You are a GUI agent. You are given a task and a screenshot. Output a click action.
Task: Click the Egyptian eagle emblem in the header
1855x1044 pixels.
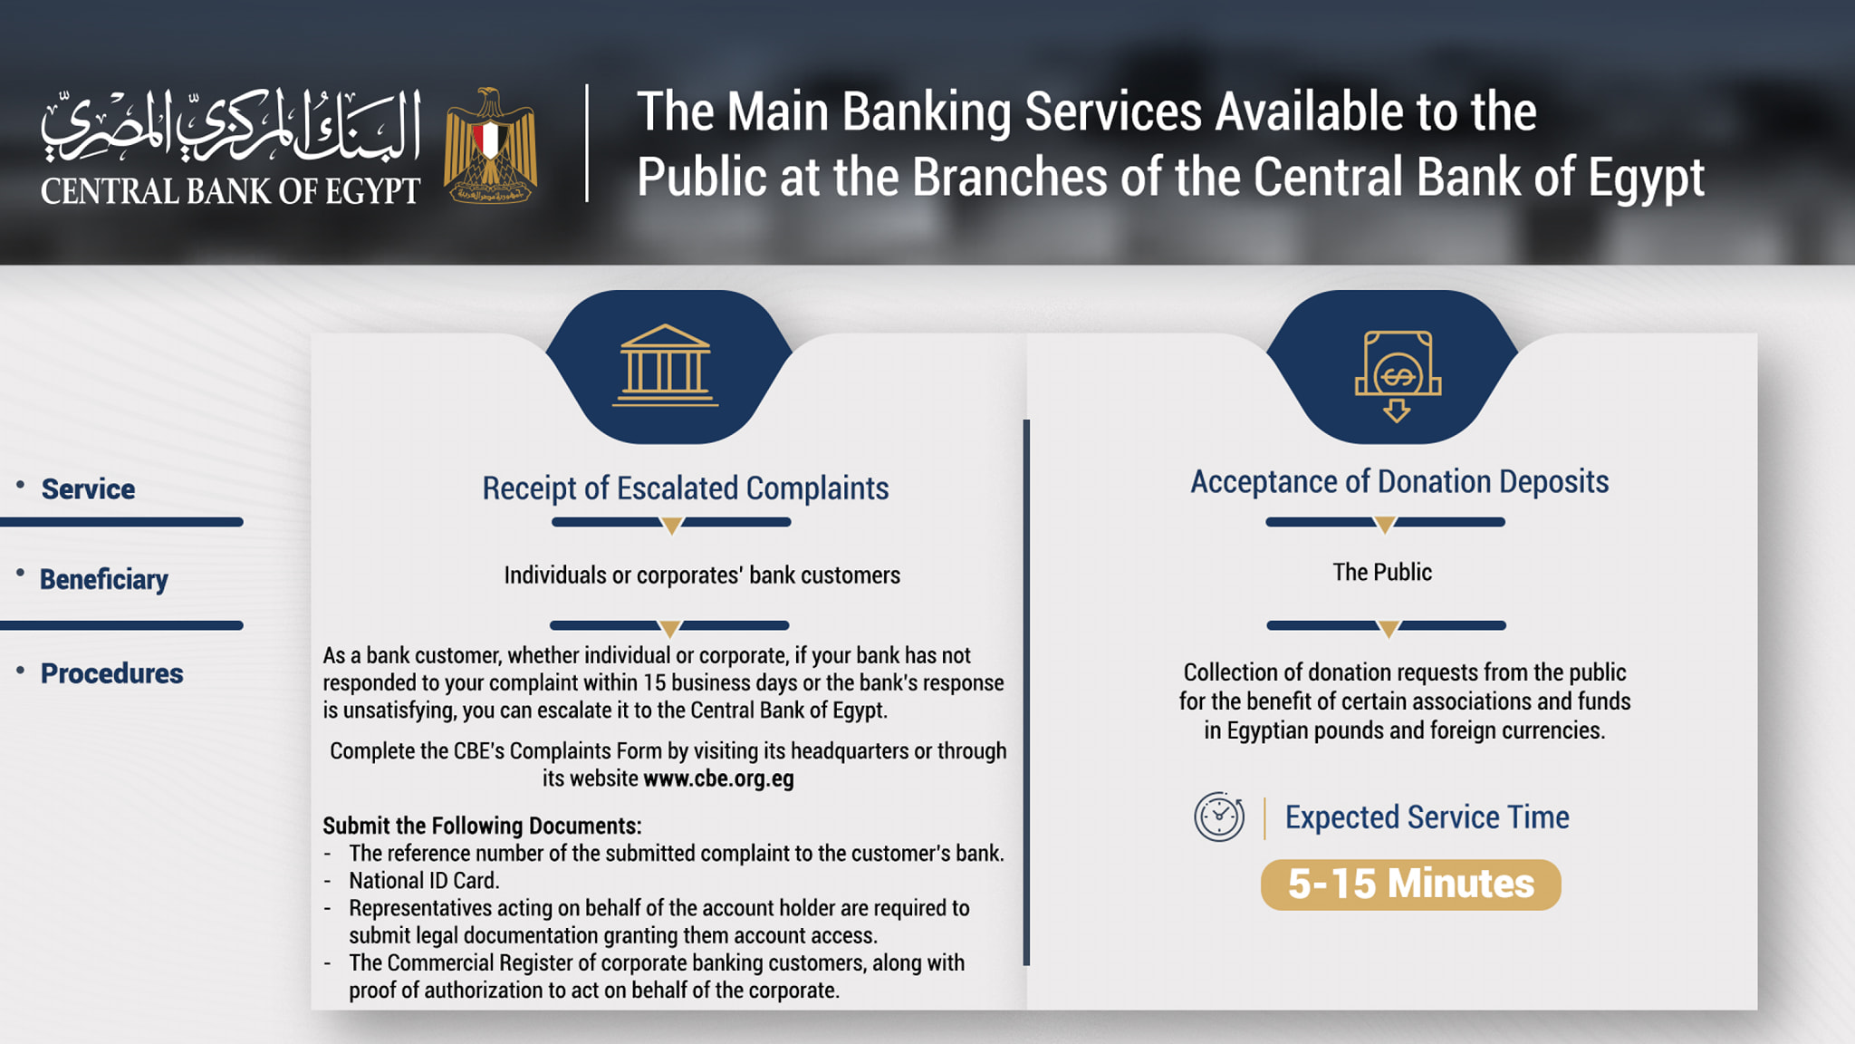(490, 145)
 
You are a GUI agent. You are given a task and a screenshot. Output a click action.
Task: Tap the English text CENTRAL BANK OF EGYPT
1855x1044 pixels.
(231, 191)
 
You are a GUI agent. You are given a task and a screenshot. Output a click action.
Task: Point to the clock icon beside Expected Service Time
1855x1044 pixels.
(1219, 817)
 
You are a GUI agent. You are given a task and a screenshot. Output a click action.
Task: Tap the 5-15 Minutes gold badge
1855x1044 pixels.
(1411, 884)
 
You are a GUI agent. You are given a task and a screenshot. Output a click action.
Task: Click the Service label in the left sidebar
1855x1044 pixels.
(88, 489)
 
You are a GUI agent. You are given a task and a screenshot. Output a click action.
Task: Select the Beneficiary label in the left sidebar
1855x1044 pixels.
(104, 580)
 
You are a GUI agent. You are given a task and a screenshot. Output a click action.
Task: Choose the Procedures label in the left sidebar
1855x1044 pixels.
(112, 673)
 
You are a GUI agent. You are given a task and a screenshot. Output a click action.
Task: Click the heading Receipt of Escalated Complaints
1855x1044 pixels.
(686, 488)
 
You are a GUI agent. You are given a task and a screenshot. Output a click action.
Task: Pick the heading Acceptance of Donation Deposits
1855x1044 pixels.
(1399, 482)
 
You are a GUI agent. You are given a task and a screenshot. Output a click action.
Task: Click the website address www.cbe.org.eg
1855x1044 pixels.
(718, 778)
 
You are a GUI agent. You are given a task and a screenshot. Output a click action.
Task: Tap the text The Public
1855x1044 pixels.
(1382, 572)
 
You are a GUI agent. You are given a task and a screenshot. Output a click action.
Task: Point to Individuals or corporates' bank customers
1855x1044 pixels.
(702, 575)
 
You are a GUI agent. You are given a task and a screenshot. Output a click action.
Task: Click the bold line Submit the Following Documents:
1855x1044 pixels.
(482, 826)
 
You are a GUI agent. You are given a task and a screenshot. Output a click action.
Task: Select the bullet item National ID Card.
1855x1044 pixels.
(424, 881)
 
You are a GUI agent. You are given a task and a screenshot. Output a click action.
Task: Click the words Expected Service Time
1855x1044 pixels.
(1427, 817)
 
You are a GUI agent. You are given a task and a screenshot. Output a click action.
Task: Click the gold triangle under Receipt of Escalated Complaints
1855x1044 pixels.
(671, 526)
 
